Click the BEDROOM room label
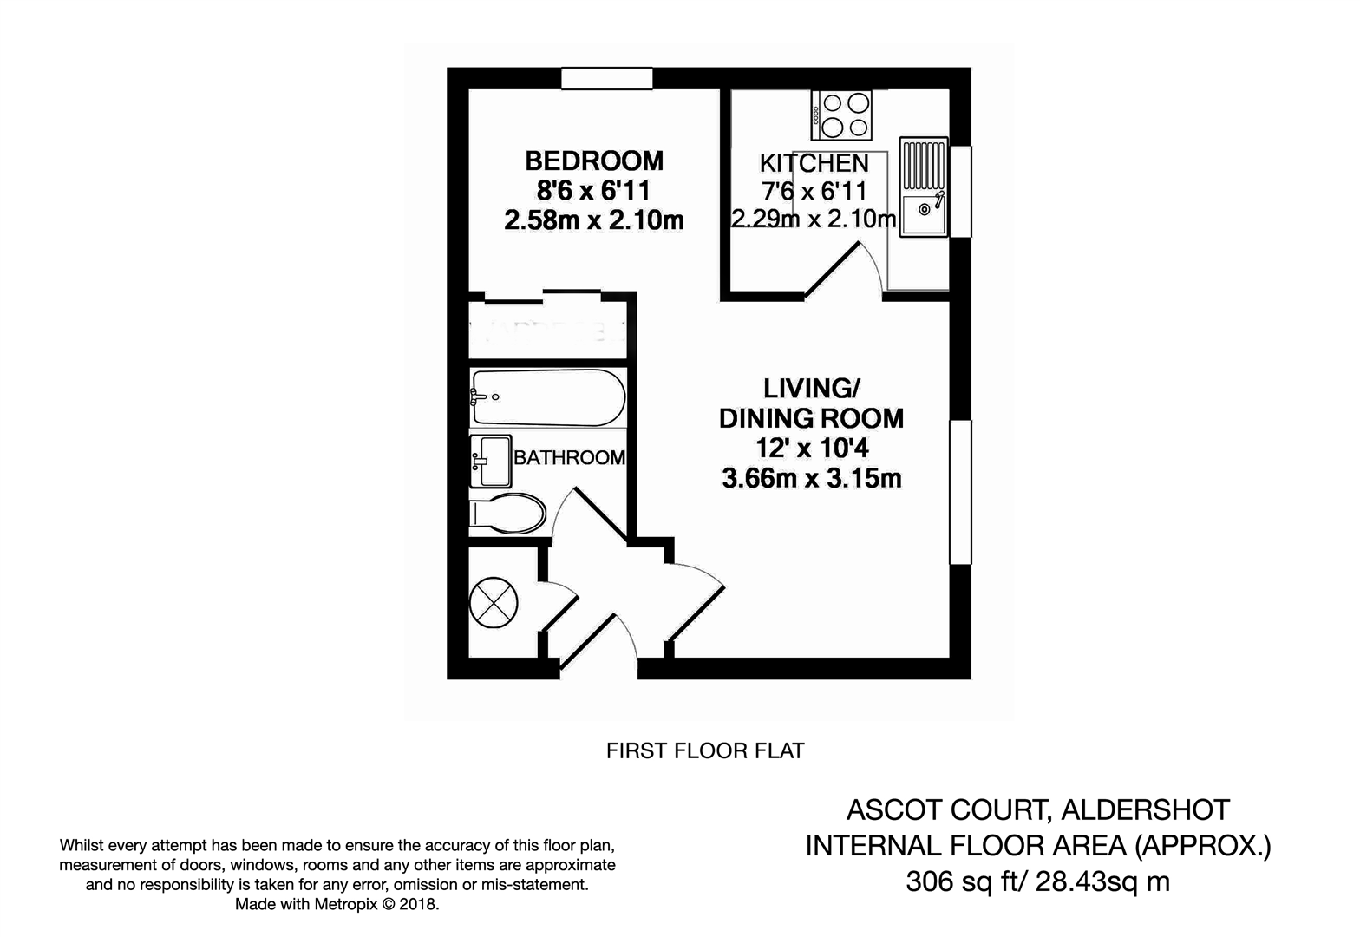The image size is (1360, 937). click(x=594, y=161)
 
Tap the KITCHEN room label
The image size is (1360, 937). click(x=814, y=163)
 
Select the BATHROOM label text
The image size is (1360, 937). click(x=569, y=457)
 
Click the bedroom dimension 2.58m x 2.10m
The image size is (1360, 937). click(x=594, y=220)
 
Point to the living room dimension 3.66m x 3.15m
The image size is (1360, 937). click(x=811, y=478)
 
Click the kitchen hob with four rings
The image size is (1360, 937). click(x=841, y=115)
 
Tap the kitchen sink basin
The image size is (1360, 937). click(x=923, y=212)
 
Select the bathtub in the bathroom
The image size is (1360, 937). click(x=546, y=397)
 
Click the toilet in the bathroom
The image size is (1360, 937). click(x=508, y=513)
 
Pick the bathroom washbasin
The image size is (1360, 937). click(x=491, y=461)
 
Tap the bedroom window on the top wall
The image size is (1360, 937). click(x=606, y=78)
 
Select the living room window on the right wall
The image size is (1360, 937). click(x=960, y=492)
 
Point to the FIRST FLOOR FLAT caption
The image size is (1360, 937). click(x=705, y=750)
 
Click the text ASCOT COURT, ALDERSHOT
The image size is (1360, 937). click(x=1037, y=809)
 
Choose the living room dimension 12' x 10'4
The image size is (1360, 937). click(x=811, y=449)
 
